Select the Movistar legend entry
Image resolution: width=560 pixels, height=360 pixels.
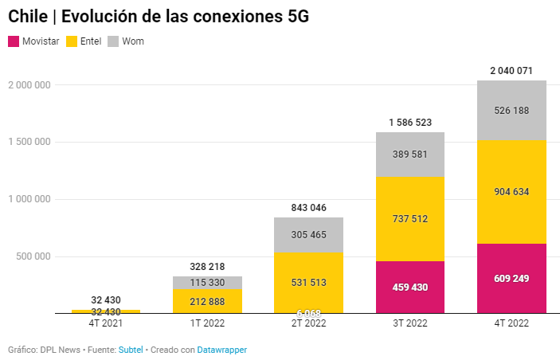click(x=33, y=41)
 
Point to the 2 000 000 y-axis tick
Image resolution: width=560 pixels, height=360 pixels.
click(x=28, y=84)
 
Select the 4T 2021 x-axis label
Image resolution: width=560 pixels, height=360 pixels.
click(x=106, y=323)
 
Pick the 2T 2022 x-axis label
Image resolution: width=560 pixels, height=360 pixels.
click(x=308, y=323)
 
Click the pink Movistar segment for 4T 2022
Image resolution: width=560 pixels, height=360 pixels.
click(x=511, y=279)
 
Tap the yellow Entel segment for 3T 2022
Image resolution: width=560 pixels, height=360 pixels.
click(x=409, y=218)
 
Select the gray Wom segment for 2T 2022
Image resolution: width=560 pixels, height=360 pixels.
click(x=308, y=235)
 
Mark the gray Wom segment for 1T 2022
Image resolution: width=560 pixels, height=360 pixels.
click(x=207, y=283)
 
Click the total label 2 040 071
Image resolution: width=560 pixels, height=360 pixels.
click(x=511, y=71)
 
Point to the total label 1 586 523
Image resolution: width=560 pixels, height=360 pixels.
click(x=409, y=123)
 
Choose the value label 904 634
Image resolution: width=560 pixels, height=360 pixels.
click(x=511, y=191)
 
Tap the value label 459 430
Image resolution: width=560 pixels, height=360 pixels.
click(x=409, y=287)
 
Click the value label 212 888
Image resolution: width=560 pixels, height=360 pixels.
click(x=207, y=301)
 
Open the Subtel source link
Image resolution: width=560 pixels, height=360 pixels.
click(x=131, y=350)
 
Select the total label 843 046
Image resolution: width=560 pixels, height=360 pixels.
click(x=308, y=208)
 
